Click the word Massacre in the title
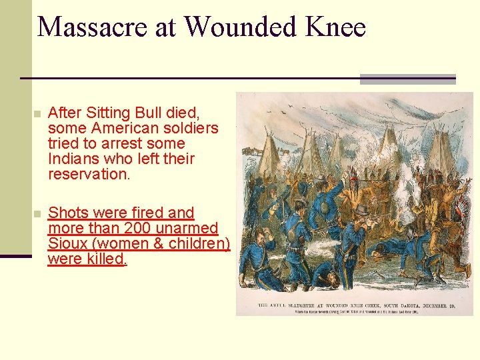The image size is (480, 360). (x=91, y=27)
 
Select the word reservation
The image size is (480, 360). (x=88, y=175)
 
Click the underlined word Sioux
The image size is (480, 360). (x=65, y=244)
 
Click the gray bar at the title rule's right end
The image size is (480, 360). (x=407, y=79)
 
